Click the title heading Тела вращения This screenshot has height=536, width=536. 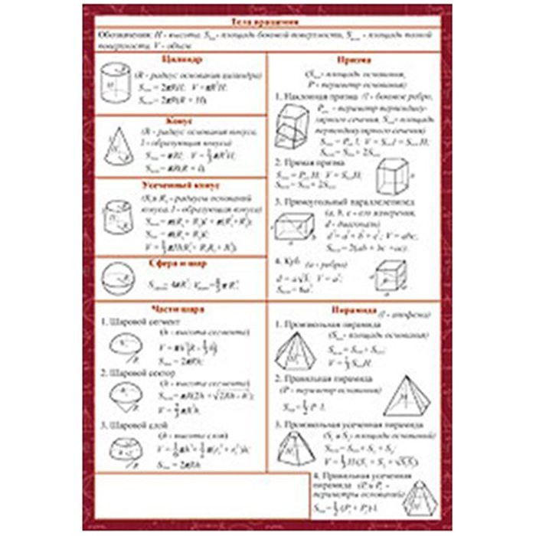point(267,24)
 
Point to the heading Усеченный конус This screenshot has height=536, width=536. point(181,185)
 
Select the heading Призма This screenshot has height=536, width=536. point(354,59)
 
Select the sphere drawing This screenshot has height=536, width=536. point(117,279)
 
